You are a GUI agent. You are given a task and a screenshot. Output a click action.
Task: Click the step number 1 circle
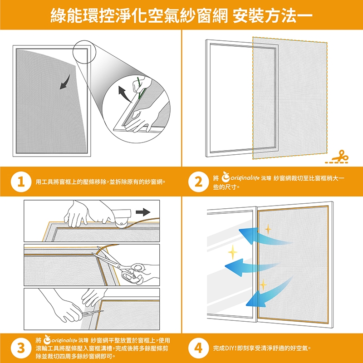click(21, 182)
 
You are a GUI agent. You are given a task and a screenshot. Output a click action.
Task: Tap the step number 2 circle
click(198, 182)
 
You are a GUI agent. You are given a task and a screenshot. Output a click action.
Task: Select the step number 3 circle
click(21, 348)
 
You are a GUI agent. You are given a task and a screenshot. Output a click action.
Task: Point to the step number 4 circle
click(198, 348)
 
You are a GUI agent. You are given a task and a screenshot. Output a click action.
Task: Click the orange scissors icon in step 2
click(339, 157)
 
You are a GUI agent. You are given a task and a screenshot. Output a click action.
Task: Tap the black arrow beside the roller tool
click(143, 212)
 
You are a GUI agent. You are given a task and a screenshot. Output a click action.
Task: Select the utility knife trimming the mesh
click(92, 313)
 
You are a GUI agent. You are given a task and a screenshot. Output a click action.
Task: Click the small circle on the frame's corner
click(84, 52)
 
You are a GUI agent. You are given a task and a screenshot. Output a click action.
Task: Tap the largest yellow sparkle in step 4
click(233, 252)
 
